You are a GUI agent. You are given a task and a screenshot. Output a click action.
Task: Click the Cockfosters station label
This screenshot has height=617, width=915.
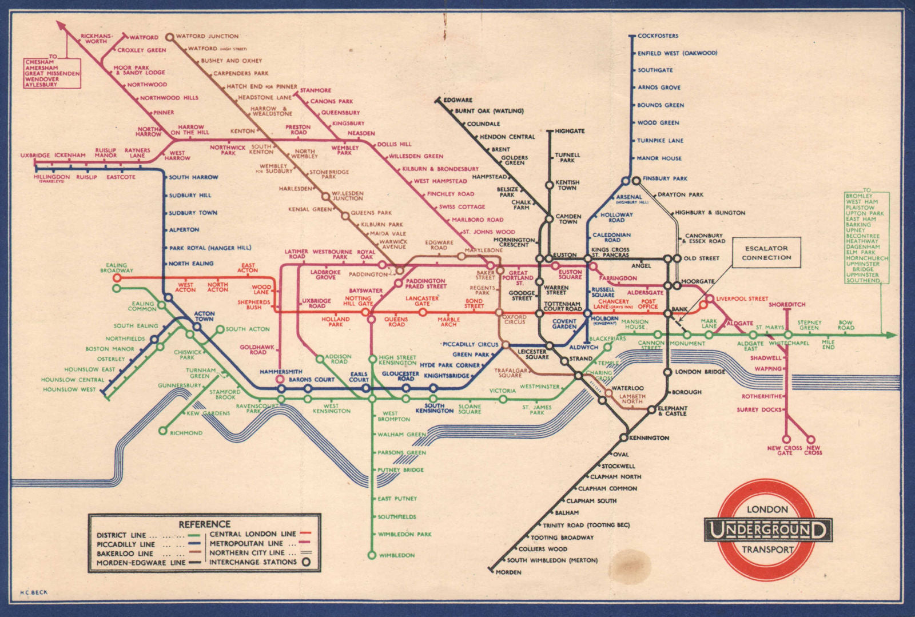click(658, 36)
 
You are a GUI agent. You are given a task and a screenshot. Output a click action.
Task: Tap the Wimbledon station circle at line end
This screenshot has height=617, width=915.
click(372, 555)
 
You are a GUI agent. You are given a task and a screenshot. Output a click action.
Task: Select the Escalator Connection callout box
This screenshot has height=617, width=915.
click(766, 253)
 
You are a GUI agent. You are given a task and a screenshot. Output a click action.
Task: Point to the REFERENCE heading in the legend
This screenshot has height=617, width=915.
click(204, 524)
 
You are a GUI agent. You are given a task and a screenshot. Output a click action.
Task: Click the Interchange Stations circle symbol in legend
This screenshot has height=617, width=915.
click(307, 562)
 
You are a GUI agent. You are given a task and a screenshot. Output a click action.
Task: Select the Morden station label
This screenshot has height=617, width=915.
click(508, 572)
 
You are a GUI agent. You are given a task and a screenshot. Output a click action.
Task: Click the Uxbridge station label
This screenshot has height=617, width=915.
click(35, 155)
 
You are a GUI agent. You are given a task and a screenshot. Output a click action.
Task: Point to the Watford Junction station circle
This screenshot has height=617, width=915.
click(169, 37)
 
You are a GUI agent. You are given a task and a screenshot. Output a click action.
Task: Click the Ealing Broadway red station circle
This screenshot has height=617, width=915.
click(117, 278)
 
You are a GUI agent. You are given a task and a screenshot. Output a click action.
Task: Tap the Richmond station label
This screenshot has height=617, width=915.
click(186, 433)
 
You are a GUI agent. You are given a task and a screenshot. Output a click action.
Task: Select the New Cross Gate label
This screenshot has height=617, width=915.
click(785, 451)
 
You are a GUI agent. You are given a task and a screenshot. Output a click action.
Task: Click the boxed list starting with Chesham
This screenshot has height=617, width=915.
click(53, 73)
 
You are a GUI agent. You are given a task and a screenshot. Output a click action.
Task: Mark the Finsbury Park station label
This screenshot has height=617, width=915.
click(665, 178)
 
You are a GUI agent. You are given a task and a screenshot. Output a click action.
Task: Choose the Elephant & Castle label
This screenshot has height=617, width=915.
click(673, 411)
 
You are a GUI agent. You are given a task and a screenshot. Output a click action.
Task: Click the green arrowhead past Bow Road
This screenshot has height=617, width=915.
click(890, 335)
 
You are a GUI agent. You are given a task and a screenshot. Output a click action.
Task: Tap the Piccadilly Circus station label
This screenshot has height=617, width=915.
click(470, 344)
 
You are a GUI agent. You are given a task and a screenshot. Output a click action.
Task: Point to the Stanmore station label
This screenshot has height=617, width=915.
click(316, 90)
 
